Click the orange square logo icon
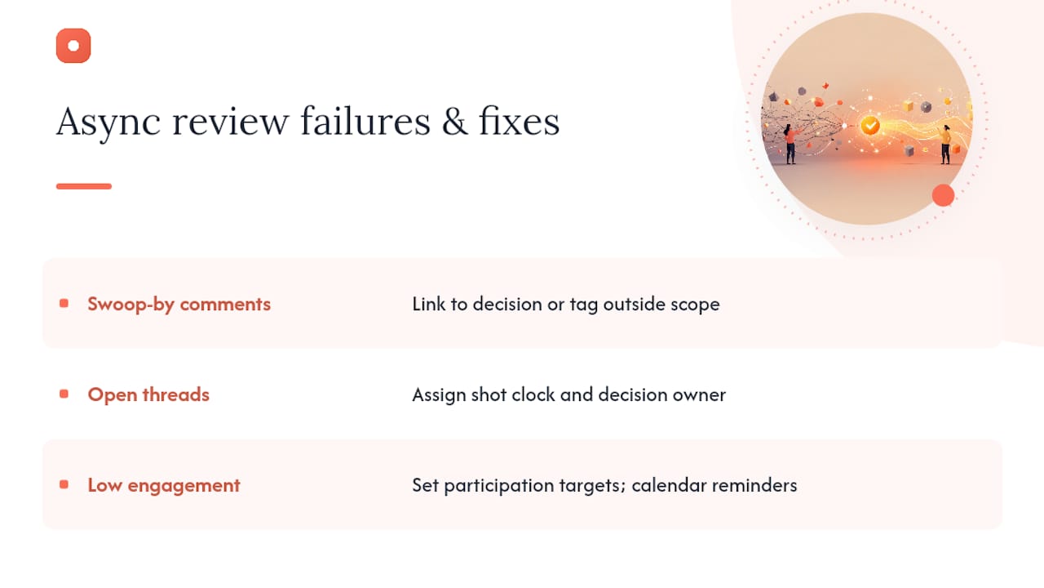click(73, 46)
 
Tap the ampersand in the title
click(454, 122)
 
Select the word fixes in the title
click(520, 121)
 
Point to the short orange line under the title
click(84, 186)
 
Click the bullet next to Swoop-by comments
click(64, 304)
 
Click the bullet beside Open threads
click(64, 394)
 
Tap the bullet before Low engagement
click(64, 485)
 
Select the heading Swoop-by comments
click(179, 305)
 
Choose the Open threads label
click(148, 394)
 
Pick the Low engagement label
click(164, 486)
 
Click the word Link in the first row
click(429, 304)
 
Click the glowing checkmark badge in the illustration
click(869, 125)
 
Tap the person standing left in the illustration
click(790, 144)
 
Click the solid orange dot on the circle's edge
click(944, 195)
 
